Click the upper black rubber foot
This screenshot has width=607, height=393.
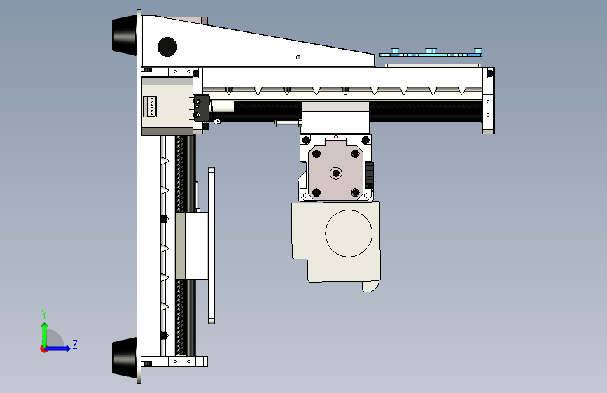pos(125,35)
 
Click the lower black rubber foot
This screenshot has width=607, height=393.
pos(125,357)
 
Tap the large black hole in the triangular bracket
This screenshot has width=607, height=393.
pos(167,47)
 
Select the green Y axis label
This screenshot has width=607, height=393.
pos(44,315)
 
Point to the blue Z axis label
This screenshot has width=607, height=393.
pos(75,344)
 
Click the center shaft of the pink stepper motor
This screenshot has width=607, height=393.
pos(336,173)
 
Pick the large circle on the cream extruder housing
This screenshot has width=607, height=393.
pos(349,234)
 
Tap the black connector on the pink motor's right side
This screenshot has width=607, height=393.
pos(370,176)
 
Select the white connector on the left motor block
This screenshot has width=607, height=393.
pos(150,106)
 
